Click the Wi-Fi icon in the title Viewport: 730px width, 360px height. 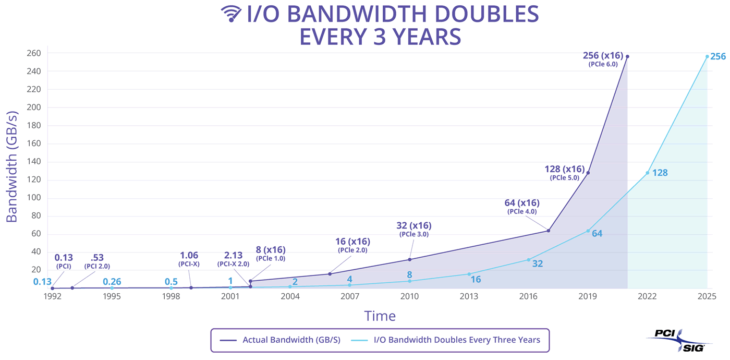(230, 14)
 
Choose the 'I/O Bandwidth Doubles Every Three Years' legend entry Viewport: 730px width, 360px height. (457, 340)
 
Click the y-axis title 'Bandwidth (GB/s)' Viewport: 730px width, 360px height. (11, 166)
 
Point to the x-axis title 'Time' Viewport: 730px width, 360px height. (380, 316)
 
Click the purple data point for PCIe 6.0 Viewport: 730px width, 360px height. (627, 56)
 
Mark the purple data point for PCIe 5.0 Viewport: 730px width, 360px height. (588, 173)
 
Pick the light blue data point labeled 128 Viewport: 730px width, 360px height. (648, 173)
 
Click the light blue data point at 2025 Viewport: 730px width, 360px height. (707, 56)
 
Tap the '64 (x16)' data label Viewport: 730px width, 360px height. (522, 203)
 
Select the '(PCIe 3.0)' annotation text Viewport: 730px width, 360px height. (414, 235)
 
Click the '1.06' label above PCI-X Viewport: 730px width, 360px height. (189, 255)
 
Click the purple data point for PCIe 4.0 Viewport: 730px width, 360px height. (548, 231)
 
